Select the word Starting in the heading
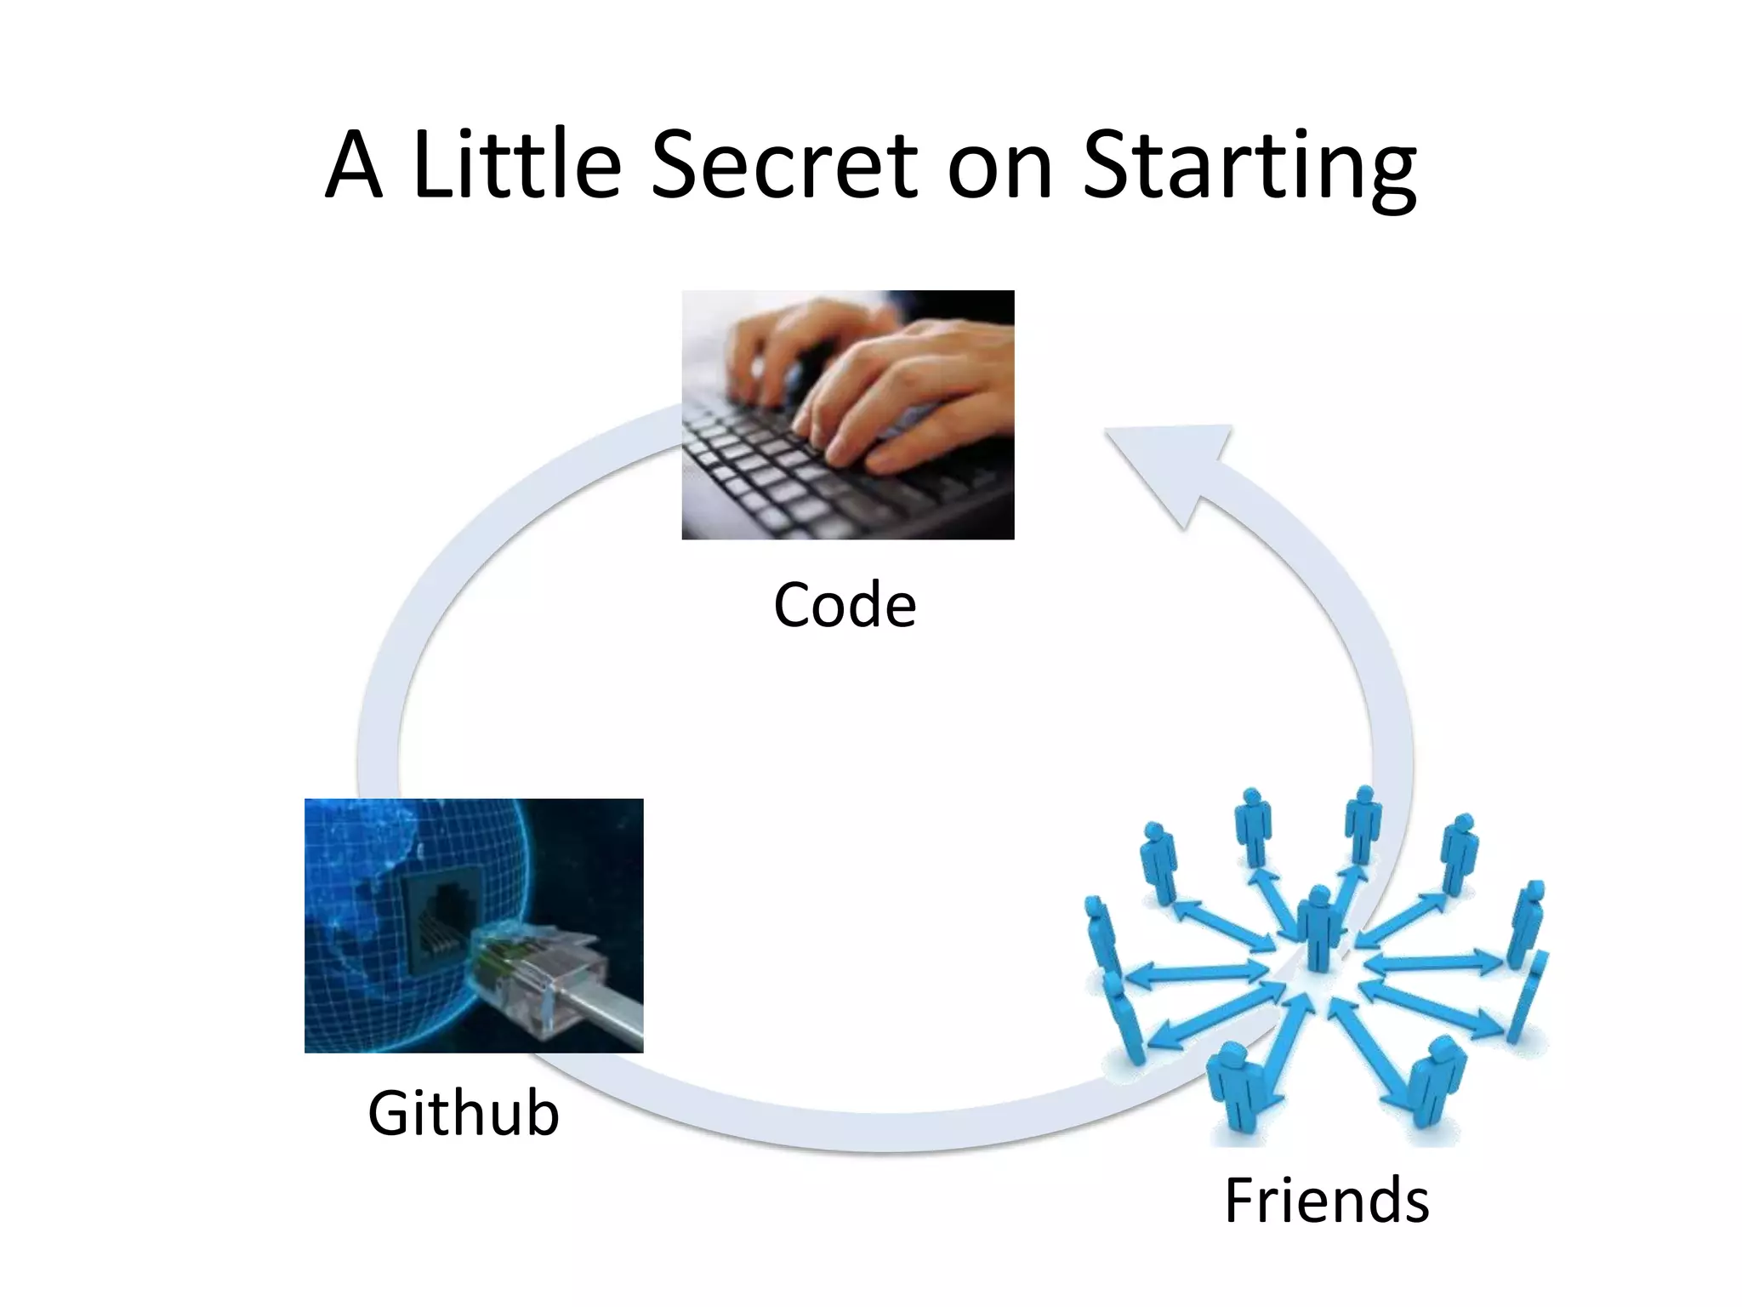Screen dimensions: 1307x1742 tap(1249, 167)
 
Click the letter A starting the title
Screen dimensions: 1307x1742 tap(353, 167)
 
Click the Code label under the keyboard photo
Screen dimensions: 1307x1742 tap(845, 605)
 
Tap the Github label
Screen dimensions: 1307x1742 tap(464, 1113)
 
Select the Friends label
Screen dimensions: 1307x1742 tap(1326, 1200)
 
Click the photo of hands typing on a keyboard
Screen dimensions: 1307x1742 tap(847, 414)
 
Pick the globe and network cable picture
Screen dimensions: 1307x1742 tap(474, 925)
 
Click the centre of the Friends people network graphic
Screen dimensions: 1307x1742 tap(1318, 970)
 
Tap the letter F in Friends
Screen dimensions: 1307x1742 tap(1240, 1200)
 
